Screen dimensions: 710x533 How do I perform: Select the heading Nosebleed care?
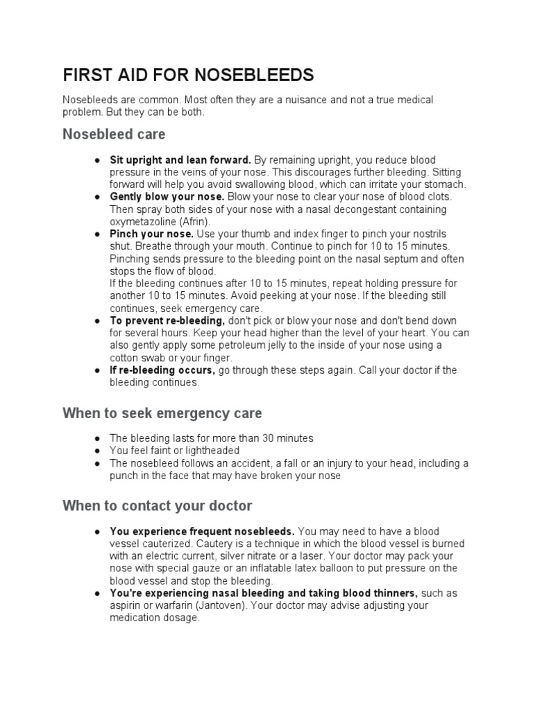click(114, 133)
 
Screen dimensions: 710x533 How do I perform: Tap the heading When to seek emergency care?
click(162, 413)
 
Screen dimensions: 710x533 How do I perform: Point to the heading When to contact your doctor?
click(157, 505)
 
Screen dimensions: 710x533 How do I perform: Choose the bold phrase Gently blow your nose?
click(167, 197)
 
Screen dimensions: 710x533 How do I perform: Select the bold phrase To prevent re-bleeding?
click(167, 320)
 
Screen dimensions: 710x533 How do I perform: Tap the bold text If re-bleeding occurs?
click(162, 370)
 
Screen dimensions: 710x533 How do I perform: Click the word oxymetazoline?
click(142, 221)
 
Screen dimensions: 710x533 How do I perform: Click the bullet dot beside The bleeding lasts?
click(99, 439)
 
